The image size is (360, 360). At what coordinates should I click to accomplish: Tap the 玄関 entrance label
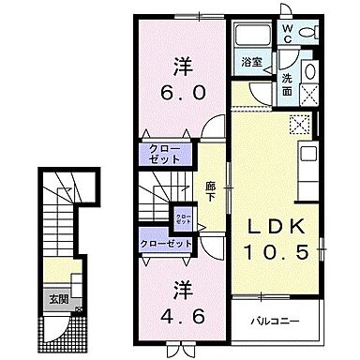59,302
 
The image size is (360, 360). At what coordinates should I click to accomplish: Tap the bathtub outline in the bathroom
250,37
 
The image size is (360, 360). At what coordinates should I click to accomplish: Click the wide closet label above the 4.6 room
166,244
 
